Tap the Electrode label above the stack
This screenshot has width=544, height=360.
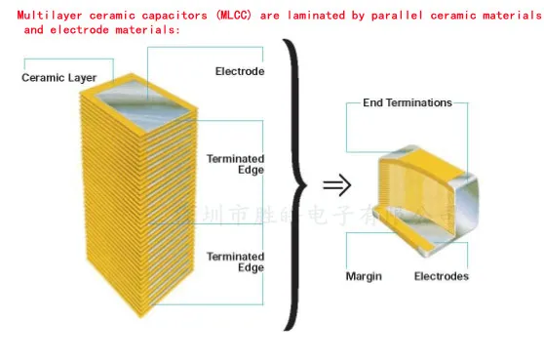239,71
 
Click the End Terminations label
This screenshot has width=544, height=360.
408,102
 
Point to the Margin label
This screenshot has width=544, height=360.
364,276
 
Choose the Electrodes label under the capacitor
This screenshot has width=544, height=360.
441,276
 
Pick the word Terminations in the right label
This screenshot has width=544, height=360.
421,102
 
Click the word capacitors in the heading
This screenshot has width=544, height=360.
164,15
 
